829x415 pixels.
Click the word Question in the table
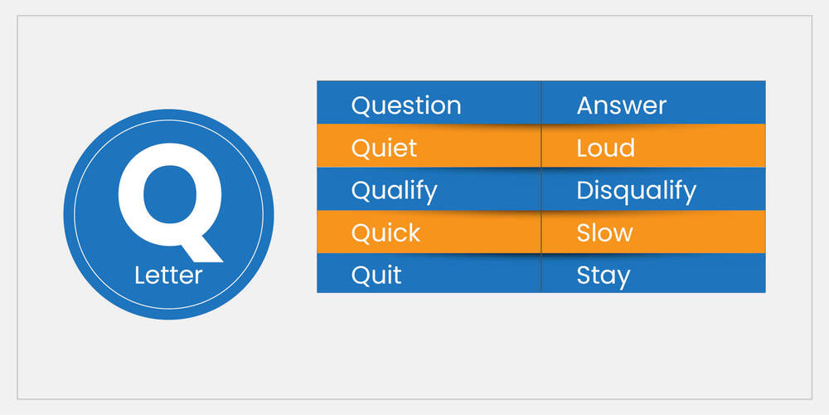point(406,105)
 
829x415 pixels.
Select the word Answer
point(621,105)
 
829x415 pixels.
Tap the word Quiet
point(384,149)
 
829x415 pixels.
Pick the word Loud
point(605,149)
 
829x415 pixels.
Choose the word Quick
point(385,233)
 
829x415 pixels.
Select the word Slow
point(604,233)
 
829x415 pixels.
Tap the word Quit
point(376,275)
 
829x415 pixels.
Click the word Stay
point(603,275)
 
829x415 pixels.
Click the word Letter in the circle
point(168,275)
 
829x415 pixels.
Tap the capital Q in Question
point(361,106)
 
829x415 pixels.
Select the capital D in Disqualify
point(584,191)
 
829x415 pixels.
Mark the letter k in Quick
point(414,232)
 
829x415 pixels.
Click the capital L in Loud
point(582,149)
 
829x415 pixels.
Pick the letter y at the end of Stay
point(623,277)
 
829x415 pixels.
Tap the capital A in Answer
point(586,105)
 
